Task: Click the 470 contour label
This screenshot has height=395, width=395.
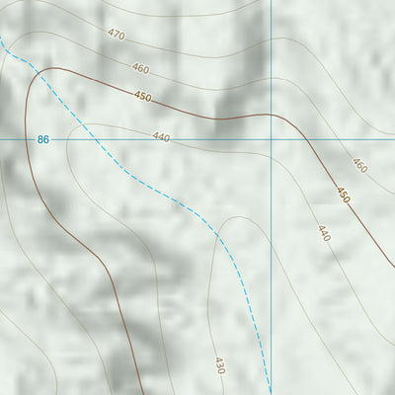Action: [x=117, y=35]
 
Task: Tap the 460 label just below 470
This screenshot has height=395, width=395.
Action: [x=140, y=69]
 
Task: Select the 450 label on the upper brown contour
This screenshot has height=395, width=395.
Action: [x=143, y=96]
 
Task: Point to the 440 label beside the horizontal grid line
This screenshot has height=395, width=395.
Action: [x=161, y=137]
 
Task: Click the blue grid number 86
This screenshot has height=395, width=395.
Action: [x=42, y=140]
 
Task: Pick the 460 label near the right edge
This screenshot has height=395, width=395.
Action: [x=358, y=165]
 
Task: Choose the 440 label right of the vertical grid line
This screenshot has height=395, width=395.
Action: [x=323, y=233]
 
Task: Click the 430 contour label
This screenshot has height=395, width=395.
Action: [x=219, y=365]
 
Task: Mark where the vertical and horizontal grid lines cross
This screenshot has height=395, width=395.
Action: [x=271, y=140]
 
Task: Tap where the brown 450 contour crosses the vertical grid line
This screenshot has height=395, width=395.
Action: [x=271, y=115]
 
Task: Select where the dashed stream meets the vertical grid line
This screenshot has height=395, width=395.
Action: [x=271, y=380]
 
